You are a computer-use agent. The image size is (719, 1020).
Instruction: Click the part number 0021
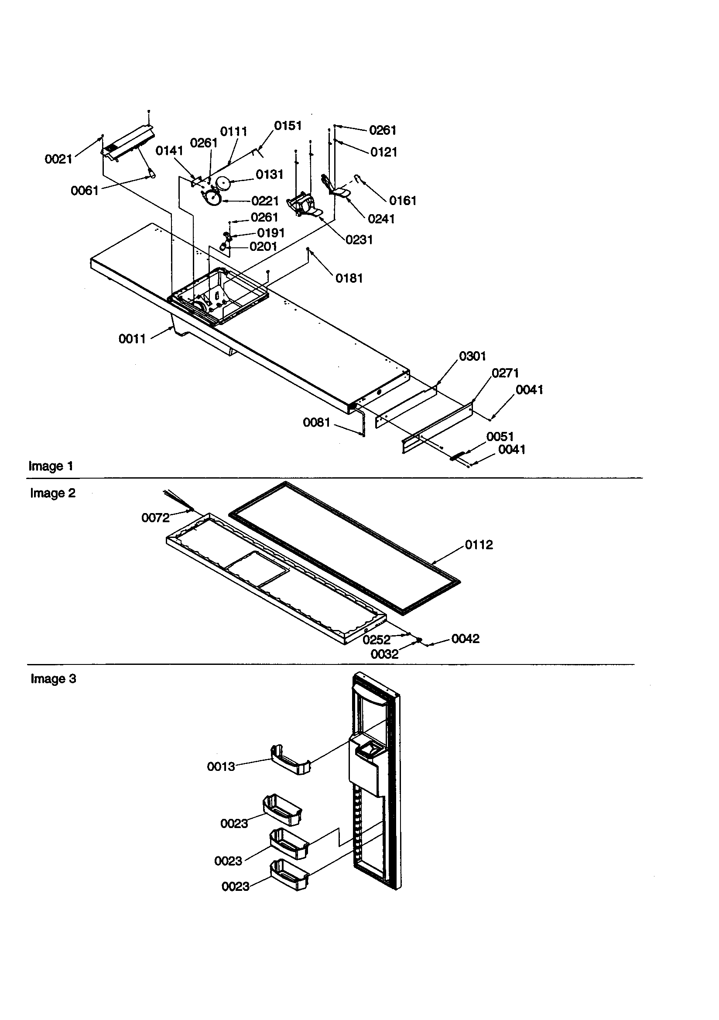58,160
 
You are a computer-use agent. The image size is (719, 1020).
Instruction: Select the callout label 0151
288,126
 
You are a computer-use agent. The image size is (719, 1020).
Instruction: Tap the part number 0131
269,175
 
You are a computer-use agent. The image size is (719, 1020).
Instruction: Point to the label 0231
359,240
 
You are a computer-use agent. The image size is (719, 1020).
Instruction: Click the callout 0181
349,278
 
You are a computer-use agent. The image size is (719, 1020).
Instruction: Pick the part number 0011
132,339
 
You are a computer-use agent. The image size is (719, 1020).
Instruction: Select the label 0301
472,356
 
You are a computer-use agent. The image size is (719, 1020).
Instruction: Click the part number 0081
316,422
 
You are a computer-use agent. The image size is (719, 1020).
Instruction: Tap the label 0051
500,437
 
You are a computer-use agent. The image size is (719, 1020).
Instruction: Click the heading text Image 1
51,466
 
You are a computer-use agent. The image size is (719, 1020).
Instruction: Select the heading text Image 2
52,493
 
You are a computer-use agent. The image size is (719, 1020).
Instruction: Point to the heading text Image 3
53,679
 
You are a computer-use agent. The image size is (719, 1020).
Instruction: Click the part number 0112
479,545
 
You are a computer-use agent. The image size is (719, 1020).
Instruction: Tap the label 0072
155,518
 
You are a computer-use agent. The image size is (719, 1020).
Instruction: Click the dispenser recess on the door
367,751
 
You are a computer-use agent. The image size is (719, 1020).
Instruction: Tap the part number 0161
403,201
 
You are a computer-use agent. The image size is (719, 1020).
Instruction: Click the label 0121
383,152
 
